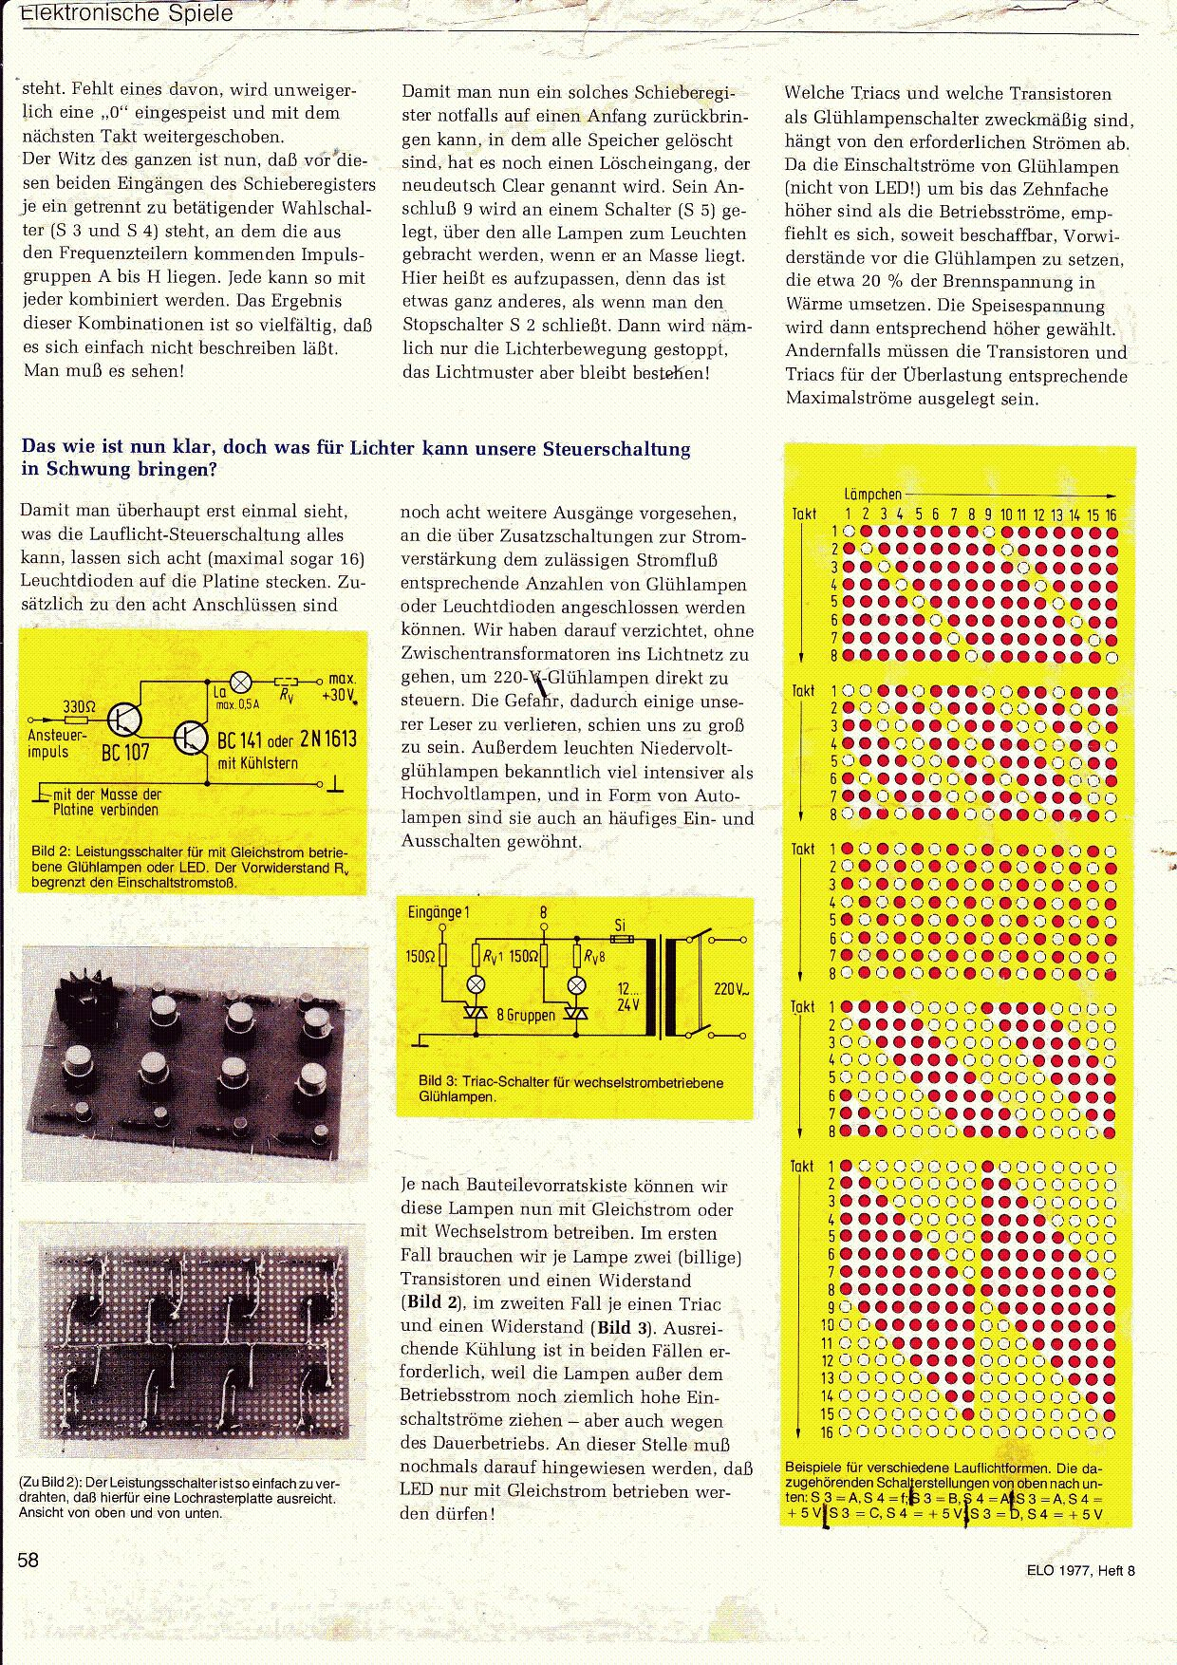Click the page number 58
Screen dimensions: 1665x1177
[x=28, y=1560]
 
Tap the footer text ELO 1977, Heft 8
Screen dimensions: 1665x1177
[x=1080, y=1570]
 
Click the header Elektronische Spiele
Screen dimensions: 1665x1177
[x=126, y=14]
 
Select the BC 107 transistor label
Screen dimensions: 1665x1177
[x=125, y=754]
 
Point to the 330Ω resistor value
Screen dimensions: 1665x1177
[x=80, y=706]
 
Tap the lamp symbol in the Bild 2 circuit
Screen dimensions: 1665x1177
[x=242, y=681]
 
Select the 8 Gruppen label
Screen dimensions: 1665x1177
[x=526, y=1015]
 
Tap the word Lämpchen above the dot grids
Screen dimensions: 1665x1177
[x=872, y=494]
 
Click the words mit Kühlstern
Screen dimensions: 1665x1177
[x=257, y=763]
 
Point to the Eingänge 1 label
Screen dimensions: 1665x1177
[x=439, y=912]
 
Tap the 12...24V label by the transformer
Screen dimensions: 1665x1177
[x=628, y=996]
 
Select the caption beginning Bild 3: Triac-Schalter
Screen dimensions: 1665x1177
[x=570, y=1089]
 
